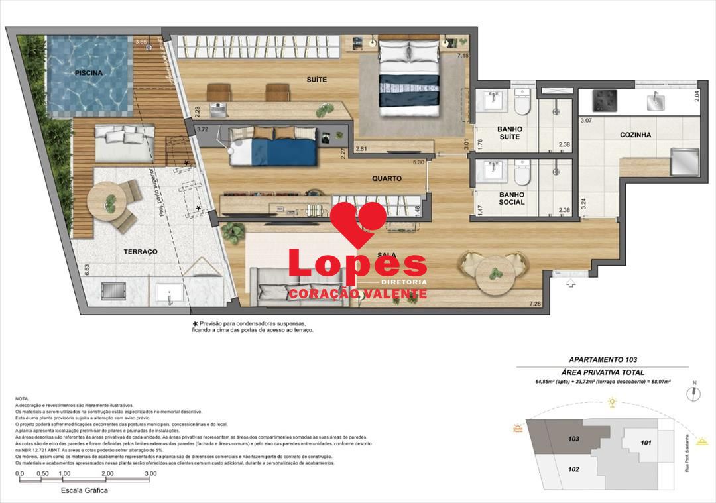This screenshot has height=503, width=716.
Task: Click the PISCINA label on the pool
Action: pyautogui.click(x=88, y=73)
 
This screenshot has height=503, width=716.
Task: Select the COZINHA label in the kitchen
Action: pyautogui.click(x=635, y=135)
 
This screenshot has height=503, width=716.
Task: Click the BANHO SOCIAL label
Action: pyautogui.click(x=512, y=198)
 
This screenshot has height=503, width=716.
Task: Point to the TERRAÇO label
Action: pyautogui.click(x=140, y=252)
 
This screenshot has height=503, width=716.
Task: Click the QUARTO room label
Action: pyautogui.click(x=387, y=178)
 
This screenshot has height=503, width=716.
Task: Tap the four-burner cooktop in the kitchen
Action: pyautogui.click(x=605, y=101)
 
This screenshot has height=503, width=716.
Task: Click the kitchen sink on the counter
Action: pyautogui.click(x=655, y=101)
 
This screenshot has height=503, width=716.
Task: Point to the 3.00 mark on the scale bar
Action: pyautogui.click(x=150, y=474)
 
